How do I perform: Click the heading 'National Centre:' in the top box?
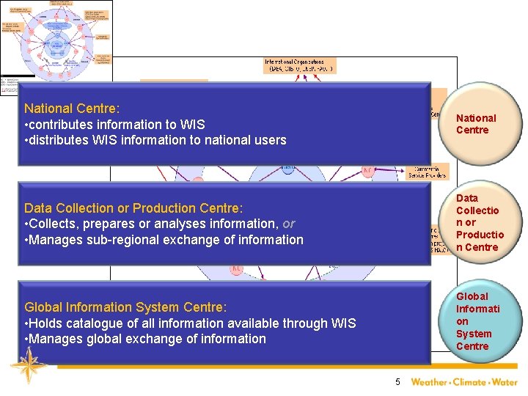tap(72, 108)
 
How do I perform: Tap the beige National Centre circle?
tap(476, 124)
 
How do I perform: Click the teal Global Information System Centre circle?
tap(480, 321)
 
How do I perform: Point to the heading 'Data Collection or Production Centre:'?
tap(133, 208)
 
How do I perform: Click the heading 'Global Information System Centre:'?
tap(125, 307)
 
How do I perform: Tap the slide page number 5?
tap(397, 381)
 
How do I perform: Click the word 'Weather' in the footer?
tap(428, 381)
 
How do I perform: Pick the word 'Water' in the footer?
tap(505, 381)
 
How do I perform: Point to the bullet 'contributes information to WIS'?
tap(117, 124)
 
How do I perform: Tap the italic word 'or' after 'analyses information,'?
tap(289, 224)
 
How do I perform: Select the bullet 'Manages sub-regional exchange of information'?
tap(166, 240)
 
